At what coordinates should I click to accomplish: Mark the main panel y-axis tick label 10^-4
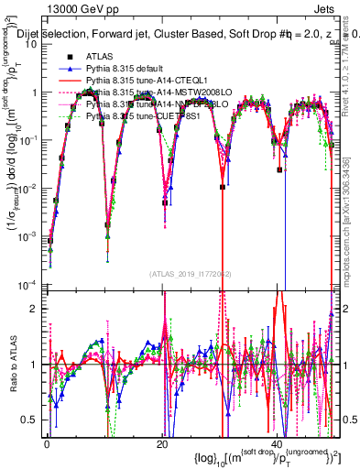27,282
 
